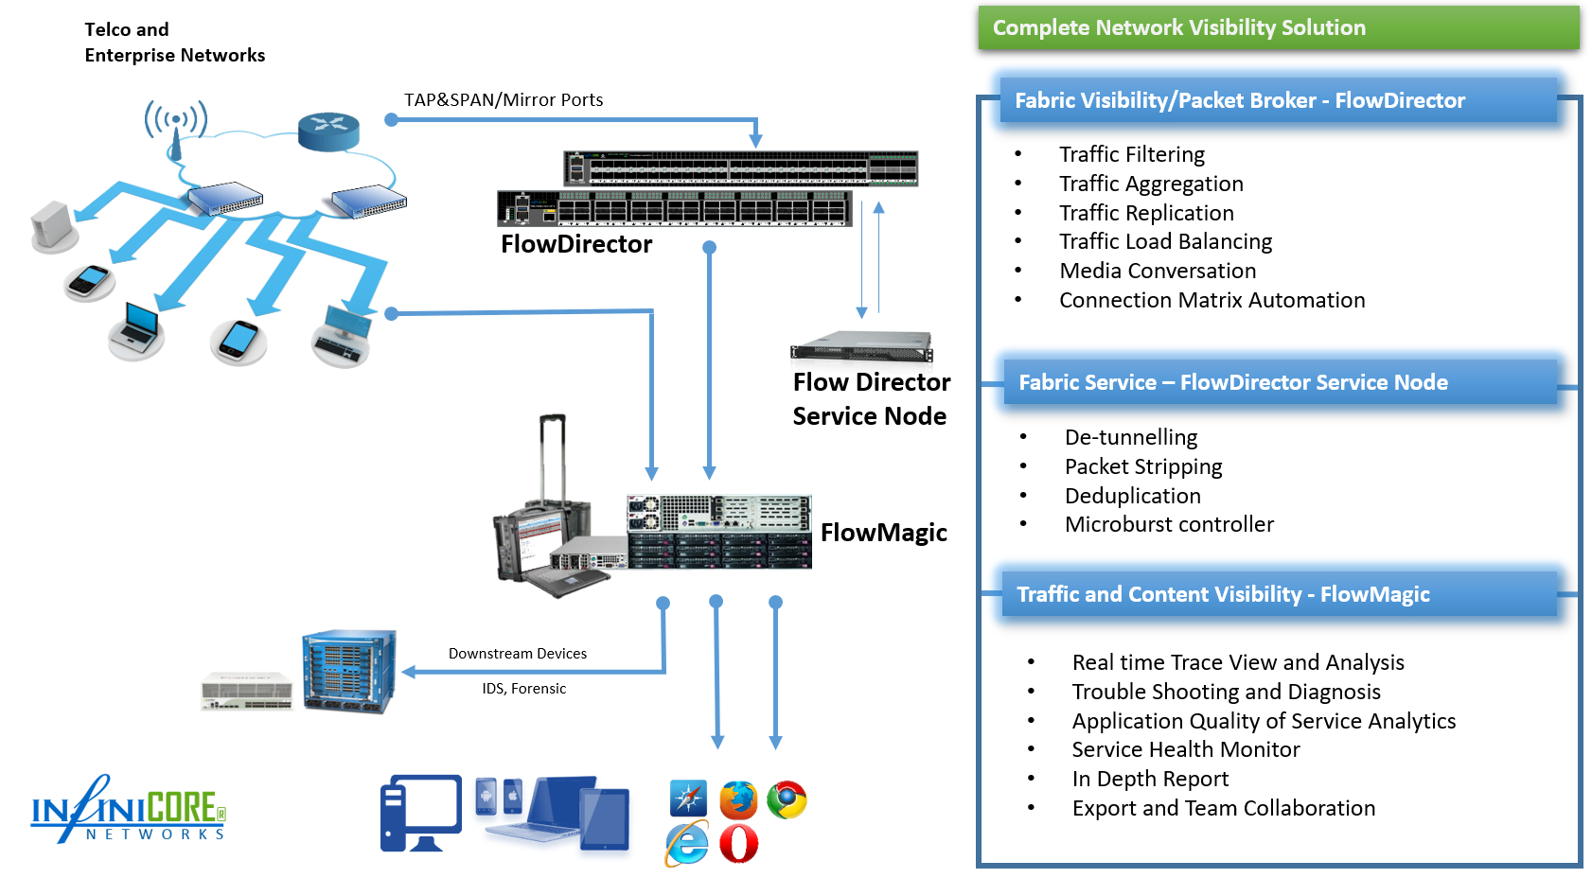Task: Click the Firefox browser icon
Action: tap(738, 799)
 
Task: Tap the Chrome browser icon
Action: tap(787, 799)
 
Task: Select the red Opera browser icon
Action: tap(738, 844)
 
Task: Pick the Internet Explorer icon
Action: tap(687, 844)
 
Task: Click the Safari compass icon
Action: tap(688, 799)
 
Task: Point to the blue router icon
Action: tap(328, 132)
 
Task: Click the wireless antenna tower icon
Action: tap(175, 129)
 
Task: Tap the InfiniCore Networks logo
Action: tap(129, 811)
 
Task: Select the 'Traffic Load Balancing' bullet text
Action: tap(1165, 242)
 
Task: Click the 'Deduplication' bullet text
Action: tap(1132, 496)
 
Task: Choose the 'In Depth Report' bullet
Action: tap(1150, 779)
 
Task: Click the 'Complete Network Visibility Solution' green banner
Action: tap(1278, 28)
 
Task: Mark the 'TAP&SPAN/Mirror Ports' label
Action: tap(504, 100)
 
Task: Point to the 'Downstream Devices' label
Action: tap(517, 654)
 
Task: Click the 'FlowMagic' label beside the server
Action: tap(883, 533)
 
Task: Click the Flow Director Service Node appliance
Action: tap(861, 347)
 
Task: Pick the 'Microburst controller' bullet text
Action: tap(1169, 524)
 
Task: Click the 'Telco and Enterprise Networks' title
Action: tap(174, 43)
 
